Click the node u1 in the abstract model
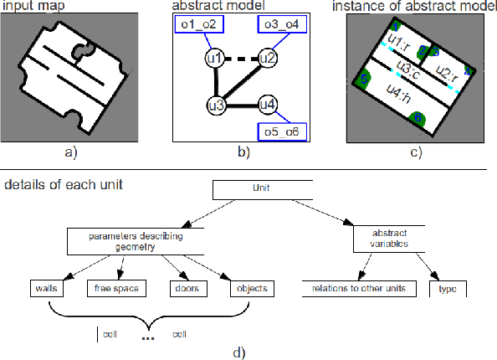(215, 59)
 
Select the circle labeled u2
(267, 59)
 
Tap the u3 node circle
(216, 105)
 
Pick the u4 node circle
(267, 105)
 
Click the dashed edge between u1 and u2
(241, 59)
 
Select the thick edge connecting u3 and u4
(241, 105)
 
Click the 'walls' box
(49, 289)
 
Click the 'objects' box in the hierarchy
(250, 289)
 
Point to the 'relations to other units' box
(354, 289)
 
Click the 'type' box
(447, 289)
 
